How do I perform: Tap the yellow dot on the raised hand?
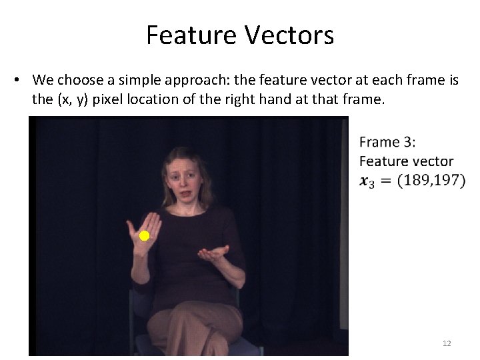tap(144, 236)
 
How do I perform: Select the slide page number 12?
tap(447, 343)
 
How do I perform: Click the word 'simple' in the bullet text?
tap(136, 81)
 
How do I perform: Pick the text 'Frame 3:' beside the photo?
tap(387, 142)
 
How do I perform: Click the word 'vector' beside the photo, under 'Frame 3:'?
tap(429, 161)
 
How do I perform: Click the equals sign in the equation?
tap(386, 181)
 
